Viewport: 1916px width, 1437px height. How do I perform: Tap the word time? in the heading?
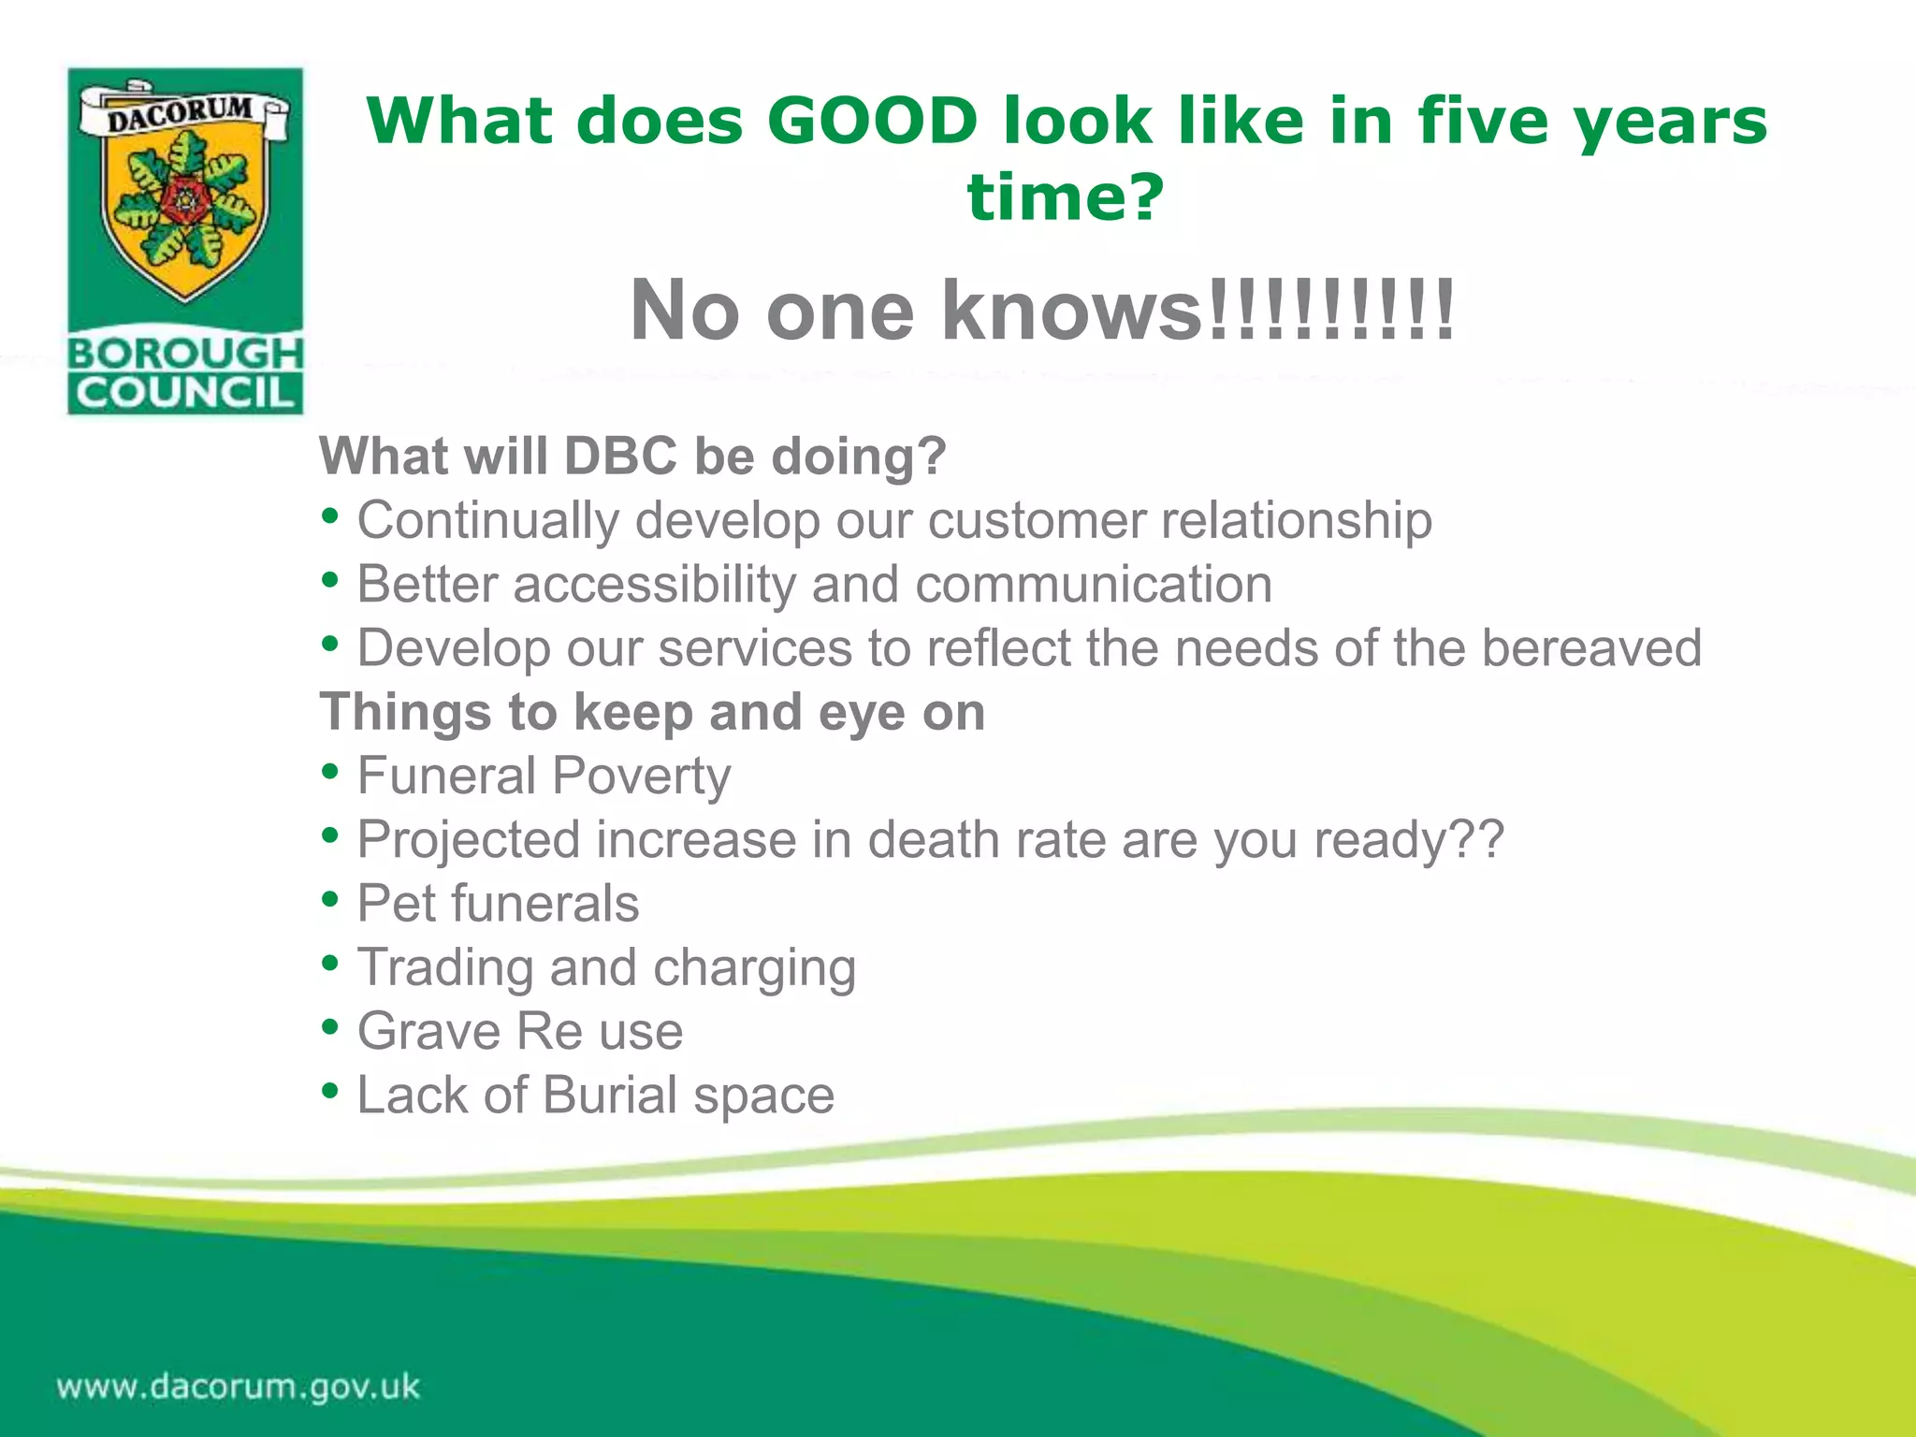(1066, 197)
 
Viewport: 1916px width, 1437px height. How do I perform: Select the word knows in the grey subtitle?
(1073, 311)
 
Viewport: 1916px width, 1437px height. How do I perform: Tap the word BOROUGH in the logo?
(185, 354)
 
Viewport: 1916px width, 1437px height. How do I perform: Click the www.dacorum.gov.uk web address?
(239, 1386)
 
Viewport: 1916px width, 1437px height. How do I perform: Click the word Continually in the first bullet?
(487, 520)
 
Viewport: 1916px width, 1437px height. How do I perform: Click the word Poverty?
(641, 777)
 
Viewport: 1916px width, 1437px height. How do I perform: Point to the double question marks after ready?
(1476, 839)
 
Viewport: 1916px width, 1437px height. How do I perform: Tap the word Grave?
(428, 1031)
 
